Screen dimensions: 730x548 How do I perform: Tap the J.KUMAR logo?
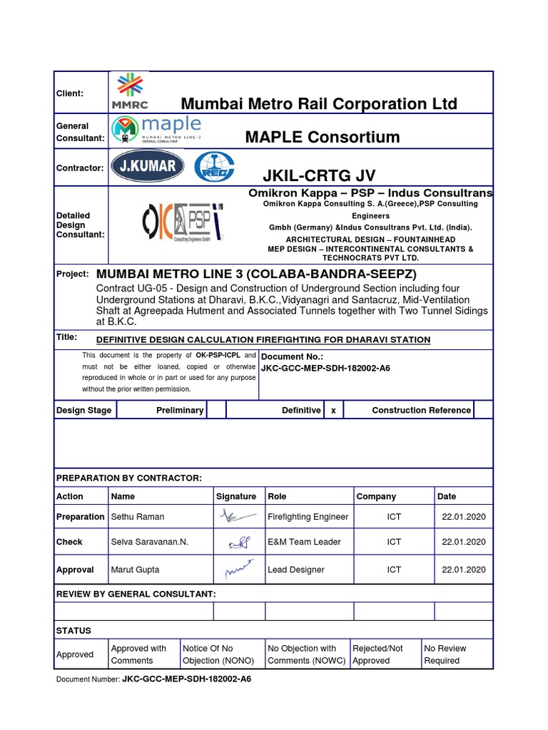(x=148, y=168)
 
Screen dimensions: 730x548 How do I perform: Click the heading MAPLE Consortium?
(x=323, y=137)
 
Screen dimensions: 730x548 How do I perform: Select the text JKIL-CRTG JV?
(x=319, y=176)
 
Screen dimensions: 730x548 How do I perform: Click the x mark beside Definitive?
(x=333, y=410)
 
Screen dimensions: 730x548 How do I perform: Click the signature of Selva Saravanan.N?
(x=238, y=543)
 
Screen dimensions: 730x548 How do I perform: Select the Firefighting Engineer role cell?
(x=308, y=517)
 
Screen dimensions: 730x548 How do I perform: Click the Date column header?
(x=447, y=496)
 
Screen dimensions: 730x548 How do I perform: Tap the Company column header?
(x=376, y=496)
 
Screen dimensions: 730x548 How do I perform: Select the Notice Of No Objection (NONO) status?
(x=208, y=654)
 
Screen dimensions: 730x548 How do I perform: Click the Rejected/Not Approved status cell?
(x=377, y=654)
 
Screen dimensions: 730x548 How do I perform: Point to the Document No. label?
(x=292, y=356)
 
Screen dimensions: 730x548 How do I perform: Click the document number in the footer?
(x=186, y=679)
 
